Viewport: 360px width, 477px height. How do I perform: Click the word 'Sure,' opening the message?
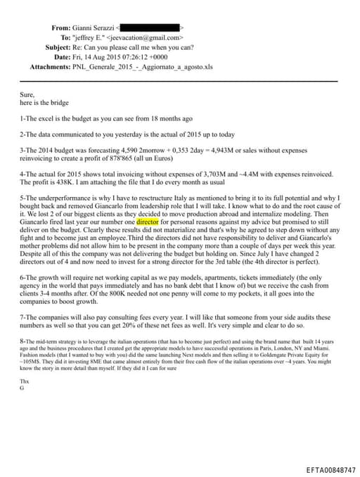click(27, 93)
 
